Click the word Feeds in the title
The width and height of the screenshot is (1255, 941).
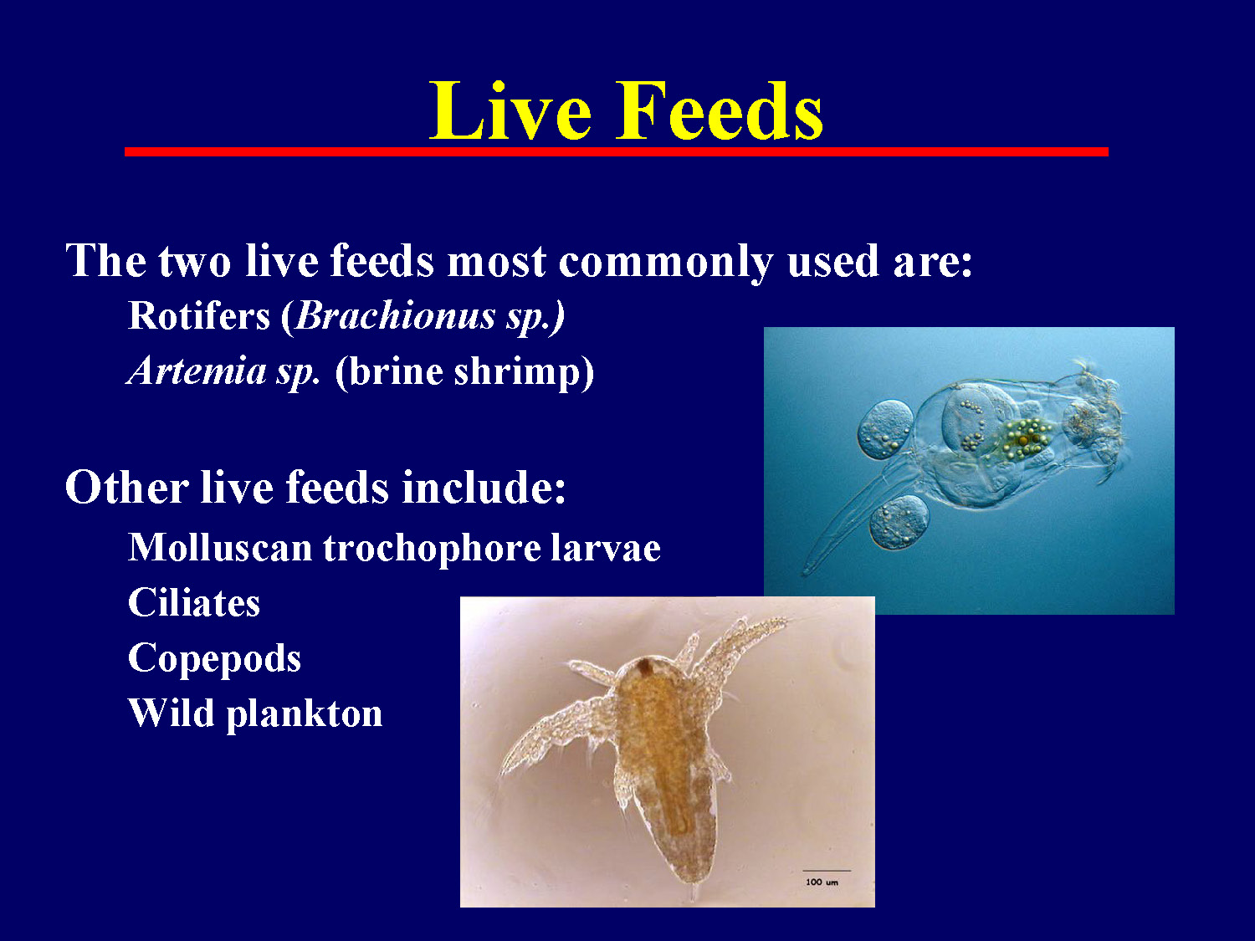[720, 112]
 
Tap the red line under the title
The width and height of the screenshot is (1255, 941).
[616, 152]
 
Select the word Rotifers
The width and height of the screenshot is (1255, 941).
[199, 316]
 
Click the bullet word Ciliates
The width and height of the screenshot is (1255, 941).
[194, 603]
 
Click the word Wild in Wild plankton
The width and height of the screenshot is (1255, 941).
[171, 713]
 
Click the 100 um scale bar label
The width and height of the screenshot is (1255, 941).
[822, 882]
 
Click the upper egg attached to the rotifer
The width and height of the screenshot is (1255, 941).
[885, 428]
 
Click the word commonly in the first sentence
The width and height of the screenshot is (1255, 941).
[666, 261]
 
